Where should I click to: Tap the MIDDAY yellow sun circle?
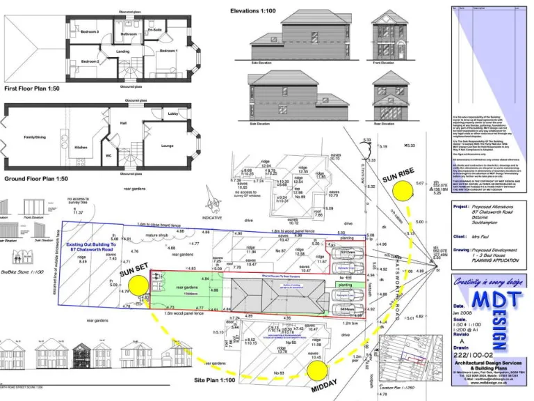pos(316,372)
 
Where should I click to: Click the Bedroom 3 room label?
pos(90,32)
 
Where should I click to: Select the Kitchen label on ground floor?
pos(81,147)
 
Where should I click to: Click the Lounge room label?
pos(168,146)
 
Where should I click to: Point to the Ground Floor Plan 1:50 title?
pos(37,179)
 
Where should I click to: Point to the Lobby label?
pos(172,113)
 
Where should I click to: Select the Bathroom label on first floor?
pos(129,33)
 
